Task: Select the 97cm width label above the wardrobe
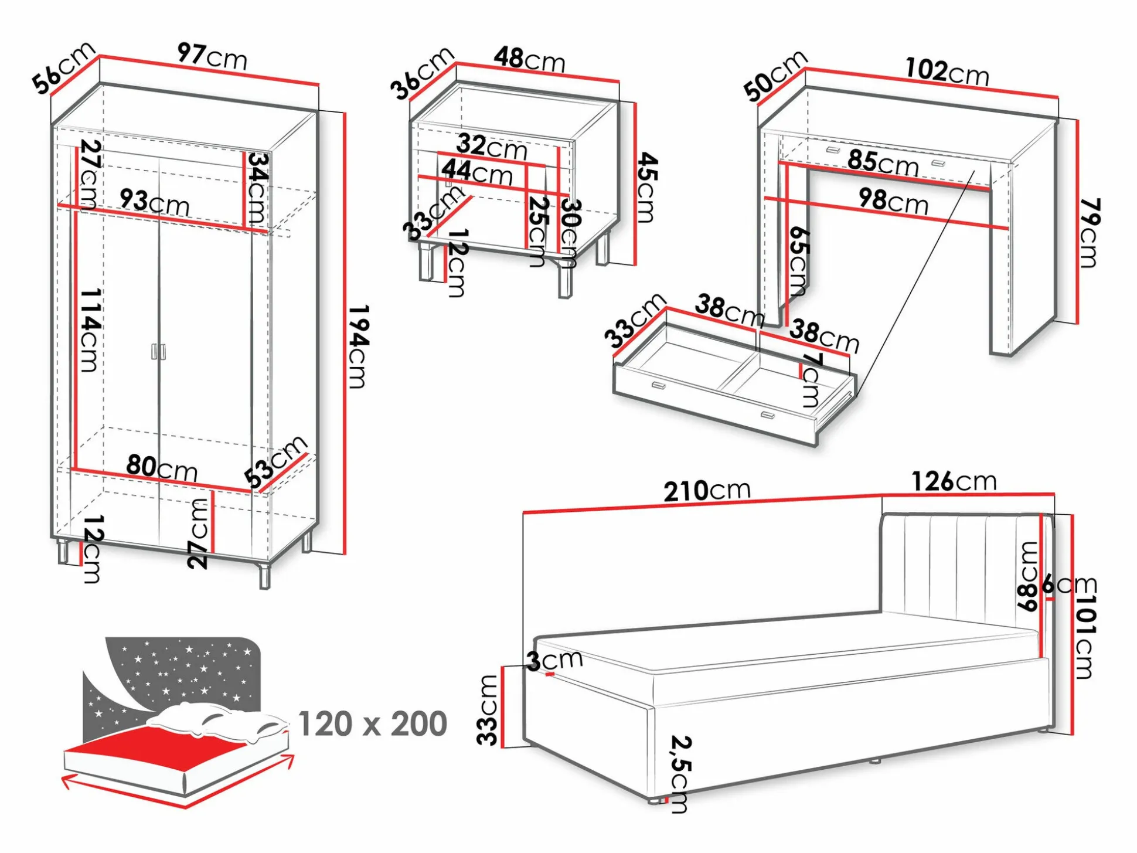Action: [x=212, y=56]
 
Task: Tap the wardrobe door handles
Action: [x=158, y=351]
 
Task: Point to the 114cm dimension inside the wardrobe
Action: [x=90, y=329]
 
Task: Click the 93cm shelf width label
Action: [x=155, y=202]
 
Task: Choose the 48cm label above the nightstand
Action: [x=529, y=60]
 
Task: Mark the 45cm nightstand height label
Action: [x=646, y=188]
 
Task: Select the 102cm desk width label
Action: [x=947, y=72]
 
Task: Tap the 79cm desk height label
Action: [x=1090, y=233]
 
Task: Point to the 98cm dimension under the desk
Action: [x=893, y=201]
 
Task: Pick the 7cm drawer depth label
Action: [x=811, y=379]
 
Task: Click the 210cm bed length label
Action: [x=707, y=491]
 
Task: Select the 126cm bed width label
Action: [x=954, y=482]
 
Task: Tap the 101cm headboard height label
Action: [x=1084, y=636]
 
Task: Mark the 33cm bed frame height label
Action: [x=488, y=709]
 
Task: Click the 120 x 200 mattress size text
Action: [x=373, y=724]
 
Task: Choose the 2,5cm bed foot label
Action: [x=680, y=774]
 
